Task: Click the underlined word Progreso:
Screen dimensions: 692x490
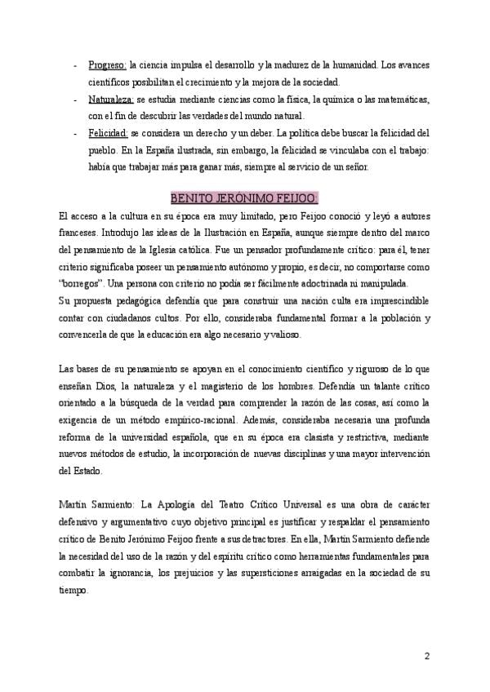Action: tap(107, 65)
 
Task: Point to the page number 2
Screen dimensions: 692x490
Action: tap(426, 655)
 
